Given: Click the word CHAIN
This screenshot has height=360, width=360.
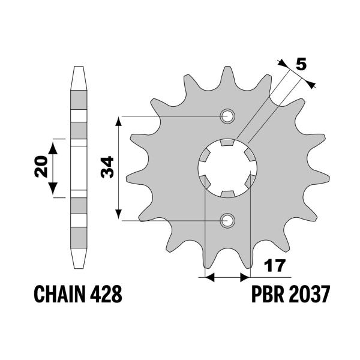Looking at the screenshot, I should pos(59,295).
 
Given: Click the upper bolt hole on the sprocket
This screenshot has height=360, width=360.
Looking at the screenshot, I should pos(227,116).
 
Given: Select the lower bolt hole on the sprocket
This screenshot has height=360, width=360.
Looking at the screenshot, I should pos(227,221).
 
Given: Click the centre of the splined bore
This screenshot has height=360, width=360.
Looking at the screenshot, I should pos(227,168).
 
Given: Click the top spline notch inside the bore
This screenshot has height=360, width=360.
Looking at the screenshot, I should pos(227,143).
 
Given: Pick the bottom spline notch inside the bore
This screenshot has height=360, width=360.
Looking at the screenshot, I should pos(227,193).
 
